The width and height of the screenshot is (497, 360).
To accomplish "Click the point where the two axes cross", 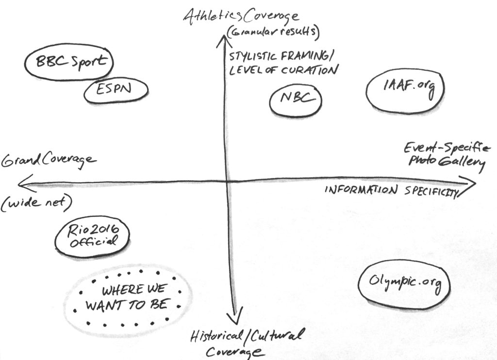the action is [x=227, y=181].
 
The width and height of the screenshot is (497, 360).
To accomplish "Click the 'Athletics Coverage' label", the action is [x=241, y=16].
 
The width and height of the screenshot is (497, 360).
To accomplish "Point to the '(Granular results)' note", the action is [x=273, y=33].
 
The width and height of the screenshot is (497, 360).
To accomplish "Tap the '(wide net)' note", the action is [x=36, y=203].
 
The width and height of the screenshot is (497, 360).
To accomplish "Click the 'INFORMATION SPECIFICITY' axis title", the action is [x=392, y=191].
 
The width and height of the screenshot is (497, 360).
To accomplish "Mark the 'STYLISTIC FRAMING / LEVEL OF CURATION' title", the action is [x=283, y=64].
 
